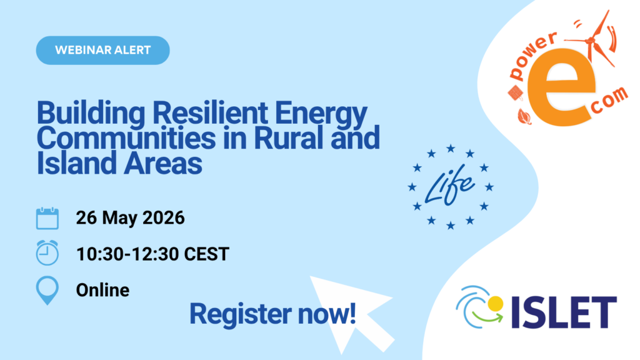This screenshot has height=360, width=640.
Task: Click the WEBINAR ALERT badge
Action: [102, 50]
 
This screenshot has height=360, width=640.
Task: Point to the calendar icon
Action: [47, 219]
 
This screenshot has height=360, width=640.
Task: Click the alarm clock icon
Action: [47, 253]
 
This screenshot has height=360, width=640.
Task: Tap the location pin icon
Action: [47, 291]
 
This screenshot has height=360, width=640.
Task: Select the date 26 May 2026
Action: [130, 219]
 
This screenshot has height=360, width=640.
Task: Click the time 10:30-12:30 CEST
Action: [152, 254]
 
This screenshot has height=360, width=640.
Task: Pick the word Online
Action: [102, 290]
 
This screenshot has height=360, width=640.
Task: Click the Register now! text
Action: [273, 313]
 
